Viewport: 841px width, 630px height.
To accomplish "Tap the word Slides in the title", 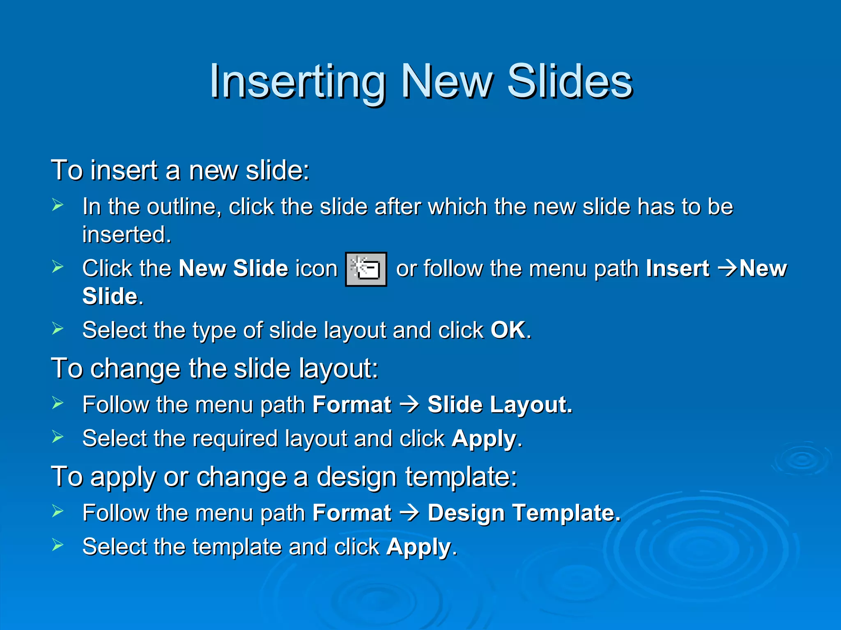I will point(570,82).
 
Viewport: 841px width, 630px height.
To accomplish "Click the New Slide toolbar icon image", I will point(366,269).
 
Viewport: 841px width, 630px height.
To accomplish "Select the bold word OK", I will point(508,330).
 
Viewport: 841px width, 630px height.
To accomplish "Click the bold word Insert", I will point(678,269).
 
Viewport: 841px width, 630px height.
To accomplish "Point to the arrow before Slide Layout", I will point(409,405).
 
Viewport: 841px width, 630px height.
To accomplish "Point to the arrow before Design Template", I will point(409,513).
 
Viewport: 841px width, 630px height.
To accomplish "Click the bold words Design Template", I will point(524,513).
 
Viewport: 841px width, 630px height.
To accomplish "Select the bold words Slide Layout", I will point(499,405).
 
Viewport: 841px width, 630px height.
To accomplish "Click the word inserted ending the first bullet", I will point(126,235).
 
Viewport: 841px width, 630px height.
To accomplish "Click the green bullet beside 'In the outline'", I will point(58,205).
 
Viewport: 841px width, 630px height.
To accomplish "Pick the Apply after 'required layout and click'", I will point(484,439).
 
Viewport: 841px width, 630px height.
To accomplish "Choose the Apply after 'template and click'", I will point(418,547).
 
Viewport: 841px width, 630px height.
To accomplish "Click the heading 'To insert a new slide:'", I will point(180,170).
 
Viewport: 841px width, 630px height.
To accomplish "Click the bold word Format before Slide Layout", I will point(352,405).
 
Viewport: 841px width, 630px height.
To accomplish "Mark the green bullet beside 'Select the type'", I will point(58,328).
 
